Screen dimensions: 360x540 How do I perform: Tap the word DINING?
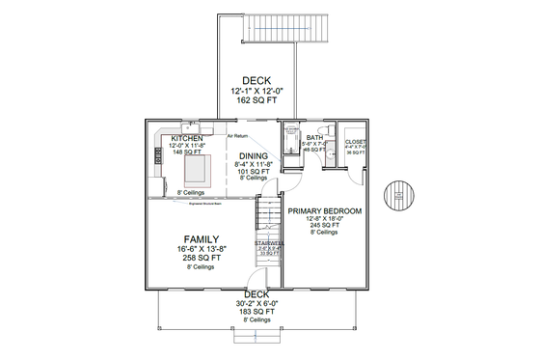point(254,155)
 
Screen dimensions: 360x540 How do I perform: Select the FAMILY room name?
point(202,238)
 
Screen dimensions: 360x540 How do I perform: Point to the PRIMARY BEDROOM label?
point(324,210)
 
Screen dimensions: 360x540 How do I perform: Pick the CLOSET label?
point(355,142)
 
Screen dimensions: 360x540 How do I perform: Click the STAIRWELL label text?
point(268,242)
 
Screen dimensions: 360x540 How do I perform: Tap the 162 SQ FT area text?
point(256,99)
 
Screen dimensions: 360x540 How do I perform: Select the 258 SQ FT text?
point(202,258)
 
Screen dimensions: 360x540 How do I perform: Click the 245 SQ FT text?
point(324,226)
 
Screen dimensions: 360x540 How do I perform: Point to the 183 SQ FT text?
point(256,311)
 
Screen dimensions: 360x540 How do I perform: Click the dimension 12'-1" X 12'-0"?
point(256,91)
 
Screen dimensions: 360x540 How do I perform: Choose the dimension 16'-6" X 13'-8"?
point(202,249)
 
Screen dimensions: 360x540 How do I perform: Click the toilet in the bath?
point(328,129)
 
